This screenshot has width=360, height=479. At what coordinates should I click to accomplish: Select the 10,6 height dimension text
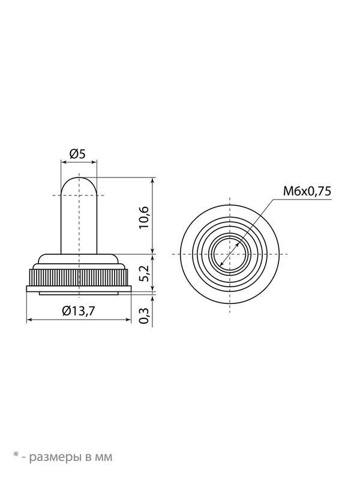point(143,218)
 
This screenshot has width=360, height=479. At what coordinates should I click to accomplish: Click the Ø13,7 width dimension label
point(79,311)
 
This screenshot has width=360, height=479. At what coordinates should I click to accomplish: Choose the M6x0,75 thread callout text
point(307,191)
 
